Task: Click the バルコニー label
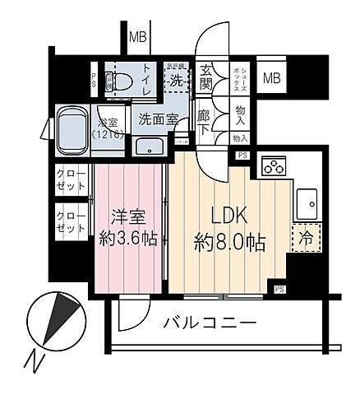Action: click(x=210, y=323)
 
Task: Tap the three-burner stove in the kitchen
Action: click(x=272, y=167)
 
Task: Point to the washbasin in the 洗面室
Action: click(x=150, y=146)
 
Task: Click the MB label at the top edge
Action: click(x=137, y=36)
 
